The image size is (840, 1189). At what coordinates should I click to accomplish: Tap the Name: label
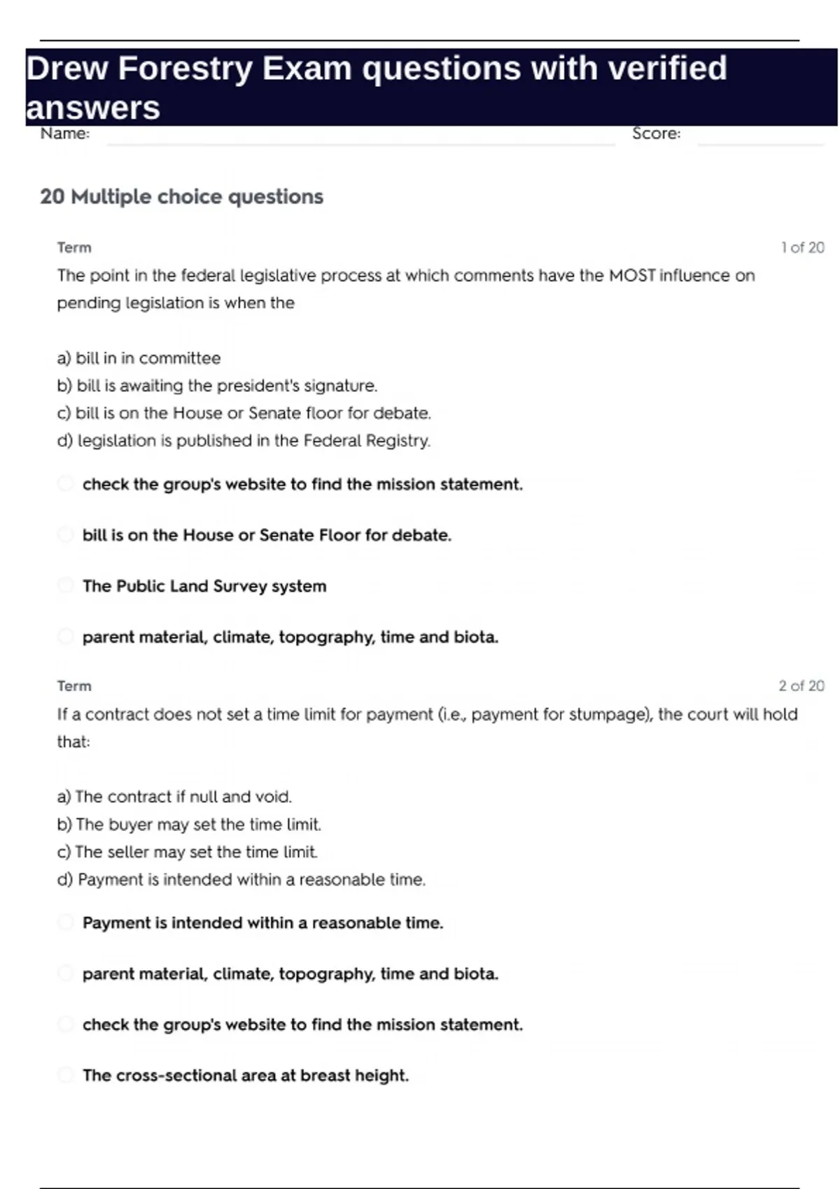65,134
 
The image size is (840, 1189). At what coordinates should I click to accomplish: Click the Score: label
656,134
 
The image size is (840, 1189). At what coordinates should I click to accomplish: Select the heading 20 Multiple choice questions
181,197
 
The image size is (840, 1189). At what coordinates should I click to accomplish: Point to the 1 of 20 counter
802,248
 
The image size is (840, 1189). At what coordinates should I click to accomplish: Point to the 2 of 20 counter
801,686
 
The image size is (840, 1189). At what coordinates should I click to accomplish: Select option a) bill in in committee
139,358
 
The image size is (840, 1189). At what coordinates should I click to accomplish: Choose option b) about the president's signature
217,385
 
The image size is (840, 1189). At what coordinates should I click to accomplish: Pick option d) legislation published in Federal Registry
244,441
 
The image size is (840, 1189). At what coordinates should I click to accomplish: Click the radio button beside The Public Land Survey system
65,585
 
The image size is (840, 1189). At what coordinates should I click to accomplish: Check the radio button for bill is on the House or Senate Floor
65,535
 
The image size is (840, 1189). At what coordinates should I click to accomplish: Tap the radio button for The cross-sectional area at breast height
65,1075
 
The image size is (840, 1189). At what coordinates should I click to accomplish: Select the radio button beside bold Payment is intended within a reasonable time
65,923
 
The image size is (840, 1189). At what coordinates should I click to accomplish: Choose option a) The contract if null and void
174,797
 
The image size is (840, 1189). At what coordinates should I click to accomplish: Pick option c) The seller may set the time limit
187,852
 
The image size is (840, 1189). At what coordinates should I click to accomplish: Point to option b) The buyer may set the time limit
189,825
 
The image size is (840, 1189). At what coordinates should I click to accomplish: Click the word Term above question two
74,686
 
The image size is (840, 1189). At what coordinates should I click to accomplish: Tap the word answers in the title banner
93,108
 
